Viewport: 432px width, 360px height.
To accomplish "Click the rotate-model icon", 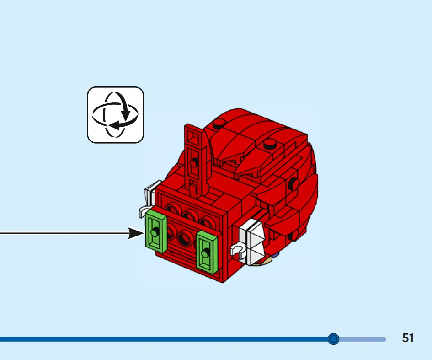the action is [x=116, y=115].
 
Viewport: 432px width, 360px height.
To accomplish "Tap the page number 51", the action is [x=408, y=338].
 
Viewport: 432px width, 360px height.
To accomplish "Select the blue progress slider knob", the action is [x=333, y=339].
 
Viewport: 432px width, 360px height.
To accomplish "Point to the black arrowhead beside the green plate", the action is [x=136, y=233].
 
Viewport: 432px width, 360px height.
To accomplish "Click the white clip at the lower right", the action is [x=238, y=250].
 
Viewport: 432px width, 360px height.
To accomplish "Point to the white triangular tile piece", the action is [x=255, y=242].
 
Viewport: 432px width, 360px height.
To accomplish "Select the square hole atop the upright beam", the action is [x=194, y=136].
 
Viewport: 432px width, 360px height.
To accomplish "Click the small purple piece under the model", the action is [x=276, y=255].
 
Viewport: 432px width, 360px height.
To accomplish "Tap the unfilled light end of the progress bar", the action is [x=363, y=339].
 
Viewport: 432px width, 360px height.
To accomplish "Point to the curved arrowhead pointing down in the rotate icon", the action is [x=126, y=115].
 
